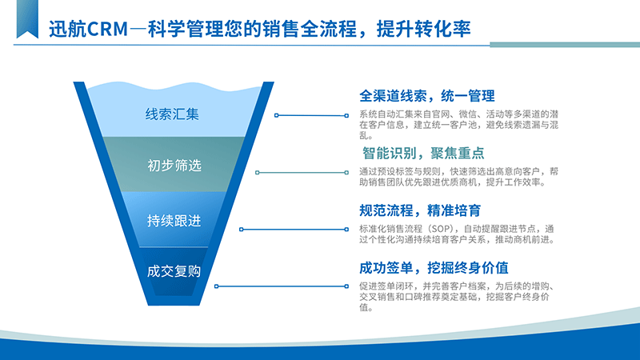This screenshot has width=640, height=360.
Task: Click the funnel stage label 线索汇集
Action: point(172,114)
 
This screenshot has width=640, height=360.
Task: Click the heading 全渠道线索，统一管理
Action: point(427,96)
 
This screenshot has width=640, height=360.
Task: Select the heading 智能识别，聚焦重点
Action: point(423,153)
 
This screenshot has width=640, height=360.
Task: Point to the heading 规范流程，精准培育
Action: point(419,210)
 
